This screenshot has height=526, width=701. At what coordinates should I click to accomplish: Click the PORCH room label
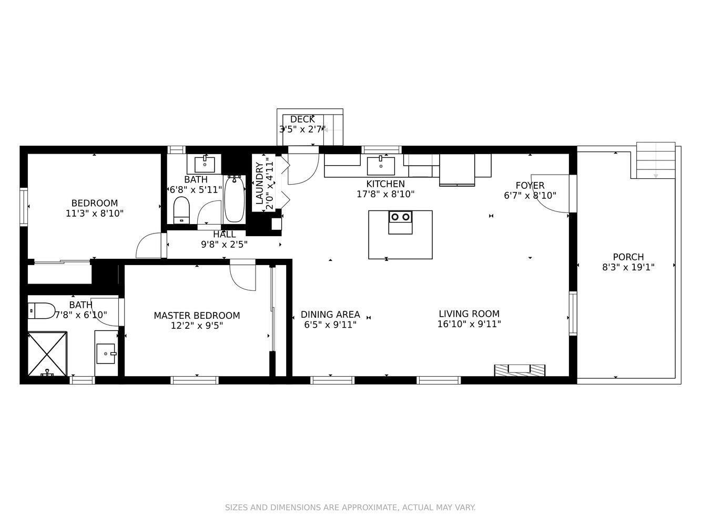click(x=628, y=257)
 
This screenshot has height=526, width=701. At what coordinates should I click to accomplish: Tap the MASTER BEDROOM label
click(x=197, y=316)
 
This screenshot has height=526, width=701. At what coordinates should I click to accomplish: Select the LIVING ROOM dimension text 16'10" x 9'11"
click(x=469, y=324)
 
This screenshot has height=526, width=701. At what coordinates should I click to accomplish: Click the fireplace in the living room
click(x=520, y=370)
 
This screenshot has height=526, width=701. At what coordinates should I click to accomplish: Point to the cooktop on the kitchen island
click(x=401, y=217)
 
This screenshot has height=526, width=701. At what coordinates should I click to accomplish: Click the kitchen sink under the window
click(x=381, y=166)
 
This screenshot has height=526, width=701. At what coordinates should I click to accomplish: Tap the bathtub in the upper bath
click(x=235, y=199)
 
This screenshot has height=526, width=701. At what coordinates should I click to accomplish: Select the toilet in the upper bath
click(x=181, y=210)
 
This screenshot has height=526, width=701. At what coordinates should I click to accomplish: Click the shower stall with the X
click(x=47, y=354)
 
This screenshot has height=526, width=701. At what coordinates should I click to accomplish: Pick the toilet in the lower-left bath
click(x=42, y=311)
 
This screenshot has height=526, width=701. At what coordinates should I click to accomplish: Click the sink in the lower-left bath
click(x=106, y=353)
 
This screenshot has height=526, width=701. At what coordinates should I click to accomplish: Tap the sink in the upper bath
click(x=205, y=165)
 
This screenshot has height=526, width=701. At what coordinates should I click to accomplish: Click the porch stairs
click(x=656, y=160)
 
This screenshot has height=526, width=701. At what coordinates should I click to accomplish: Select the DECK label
click(x=302, y=119)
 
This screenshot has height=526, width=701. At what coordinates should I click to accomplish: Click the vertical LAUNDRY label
click(x=259, y=183)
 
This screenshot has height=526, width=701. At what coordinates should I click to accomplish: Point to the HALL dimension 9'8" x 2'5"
click(x=224, y=245)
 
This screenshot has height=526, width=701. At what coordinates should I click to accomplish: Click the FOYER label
click(x=530, y=185)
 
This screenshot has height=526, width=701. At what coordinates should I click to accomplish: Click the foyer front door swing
click(x=550, y=194)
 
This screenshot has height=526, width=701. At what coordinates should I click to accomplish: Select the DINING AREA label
click(x=330, y=315)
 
